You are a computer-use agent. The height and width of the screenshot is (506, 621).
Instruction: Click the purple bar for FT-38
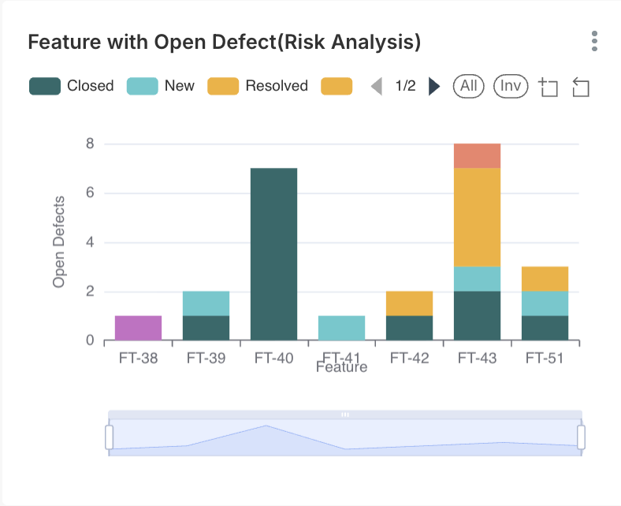[139, 328]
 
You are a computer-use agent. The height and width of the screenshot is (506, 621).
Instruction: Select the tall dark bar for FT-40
[273, 254]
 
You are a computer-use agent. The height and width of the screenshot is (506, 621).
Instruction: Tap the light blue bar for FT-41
[341, 328]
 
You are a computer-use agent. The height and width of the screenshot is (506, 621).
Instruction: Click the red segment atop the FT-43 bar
[477, 156]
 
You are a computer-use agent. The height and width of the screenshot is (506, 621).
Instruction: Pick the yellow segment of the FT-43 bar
[477, 218]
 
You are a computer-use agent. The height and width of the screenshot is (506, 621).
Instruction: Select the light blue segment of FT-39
[206, 303]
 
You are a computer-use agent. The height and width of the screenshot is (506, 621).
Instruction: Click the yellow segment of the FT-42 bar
[409, 303]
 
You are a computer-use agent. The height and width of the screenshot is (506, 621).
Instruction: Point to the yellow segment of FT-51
[545, 279]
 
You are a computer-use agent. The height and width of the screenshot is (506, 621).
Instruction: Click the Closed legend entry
[72, 86]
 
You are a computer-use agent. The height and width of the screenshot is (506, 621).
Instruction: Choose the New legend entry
[161, 86]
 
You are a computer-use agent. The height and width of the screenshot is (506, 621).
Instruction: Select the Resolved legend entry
[258, 86]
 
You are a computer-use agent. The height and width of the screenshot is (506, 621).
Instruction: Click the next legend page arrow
[434, 86]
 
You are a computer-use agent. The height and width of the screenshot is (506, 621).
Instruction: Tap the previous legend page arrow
[377, 86]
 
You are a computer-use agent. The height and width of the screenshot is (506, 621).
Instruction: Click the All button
[469, 86]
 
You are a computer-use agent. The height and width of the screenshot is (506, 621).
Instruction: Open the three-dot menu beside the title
[594, 41]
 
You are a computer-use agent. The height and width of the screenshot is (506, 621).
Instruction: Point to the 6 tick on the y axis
[90, 193]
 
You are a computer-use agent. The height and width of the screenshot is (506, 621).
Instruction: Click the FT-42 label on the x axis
[409, 359]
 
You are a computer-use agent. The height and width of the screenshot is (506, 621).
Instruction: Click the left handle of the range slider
[110, 437]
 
